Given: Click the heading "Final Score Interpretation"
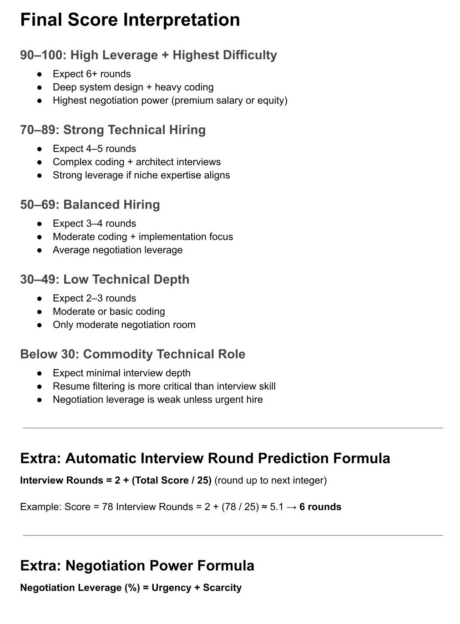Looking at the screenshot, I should (x=130, y=20).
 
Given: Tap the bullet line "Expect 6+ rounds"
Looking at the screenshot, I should (x=91, y=74).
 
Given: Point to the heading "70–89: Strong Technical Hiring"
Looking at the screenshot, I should (x=113, y=130).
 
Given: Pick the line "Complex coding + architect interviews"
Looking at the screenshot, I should (x=136, y=162).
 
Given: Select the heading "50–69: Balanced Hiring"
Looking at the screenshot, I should (x=90, y=204).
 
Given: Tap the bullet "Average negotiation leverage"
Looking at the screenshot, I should (x=117, y=249).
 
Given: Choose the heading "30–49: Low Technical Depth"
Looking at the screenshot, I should (x=105, y=279).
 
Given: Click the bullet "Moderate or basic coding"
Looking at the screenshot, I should (x=109, y=311).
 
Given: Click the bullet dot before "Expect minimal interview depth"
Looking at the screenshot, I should (x=40, y=373).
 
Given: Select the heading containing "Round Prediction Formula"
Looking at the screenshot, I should (x=205, y=458).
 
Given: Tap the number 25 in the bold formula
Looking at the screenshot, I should (x=201, y=480).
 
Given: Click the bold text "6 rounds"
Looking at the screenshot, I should (x=320, y=507).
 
